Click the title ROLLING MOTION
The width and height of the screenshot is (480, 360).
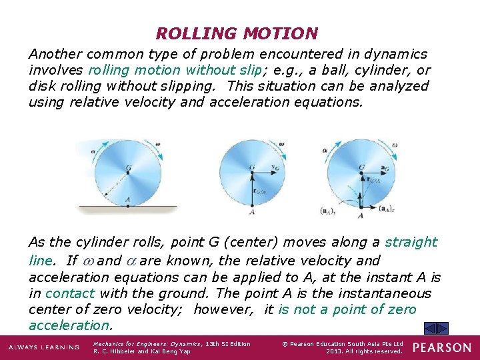click(x=237, y=33)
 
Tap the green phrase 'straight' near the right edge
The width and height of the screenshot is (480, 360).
click(x=411, y=242)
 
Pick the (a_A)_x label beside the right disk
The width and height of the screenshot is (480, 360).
click(x=386, y=208)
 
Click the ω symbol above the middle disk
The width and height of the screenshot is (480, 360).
click(x=282, y=144)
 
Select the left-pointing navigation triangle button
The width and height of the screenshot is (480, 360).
click(x=431, y=328)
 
